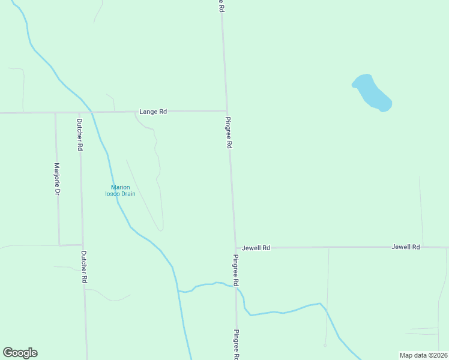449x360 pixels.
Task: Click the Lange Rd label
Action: (x=152, y=112)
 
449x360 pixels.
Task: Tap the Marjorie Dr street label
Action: (x=57, y=179)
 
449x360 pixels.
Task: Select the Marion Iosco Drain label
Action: (x=120, y=190)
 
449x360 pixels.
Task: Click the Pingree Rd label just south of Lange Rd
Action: (x=229, y=133)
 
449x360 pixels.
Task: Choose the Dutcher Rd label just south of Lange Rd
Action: (x=80, y=134)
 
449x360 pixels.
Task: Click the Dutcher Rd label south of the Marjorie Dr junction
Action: (x=85, y=266)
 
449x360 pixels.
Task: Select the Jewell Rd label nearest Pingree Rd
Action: (x=256, y=248)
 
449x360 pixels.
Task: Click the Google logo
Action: (x=20, y=353)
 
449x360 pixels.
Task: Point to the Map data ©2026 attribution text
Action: (x=423, y=355)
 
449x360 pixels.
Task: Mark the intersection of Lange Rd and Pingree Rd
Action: (x=226, y=110)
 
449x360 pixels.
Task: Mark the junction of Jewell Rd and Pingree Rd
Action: (x=235, y=248)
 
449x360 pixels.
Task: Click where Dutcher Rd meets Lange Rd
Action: (x=79, y=112)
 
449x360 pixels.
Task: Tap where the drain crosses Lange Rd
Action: (x=91, y=112)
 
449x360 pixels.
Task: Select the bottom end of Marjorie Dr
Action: (x=59, y=245)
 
